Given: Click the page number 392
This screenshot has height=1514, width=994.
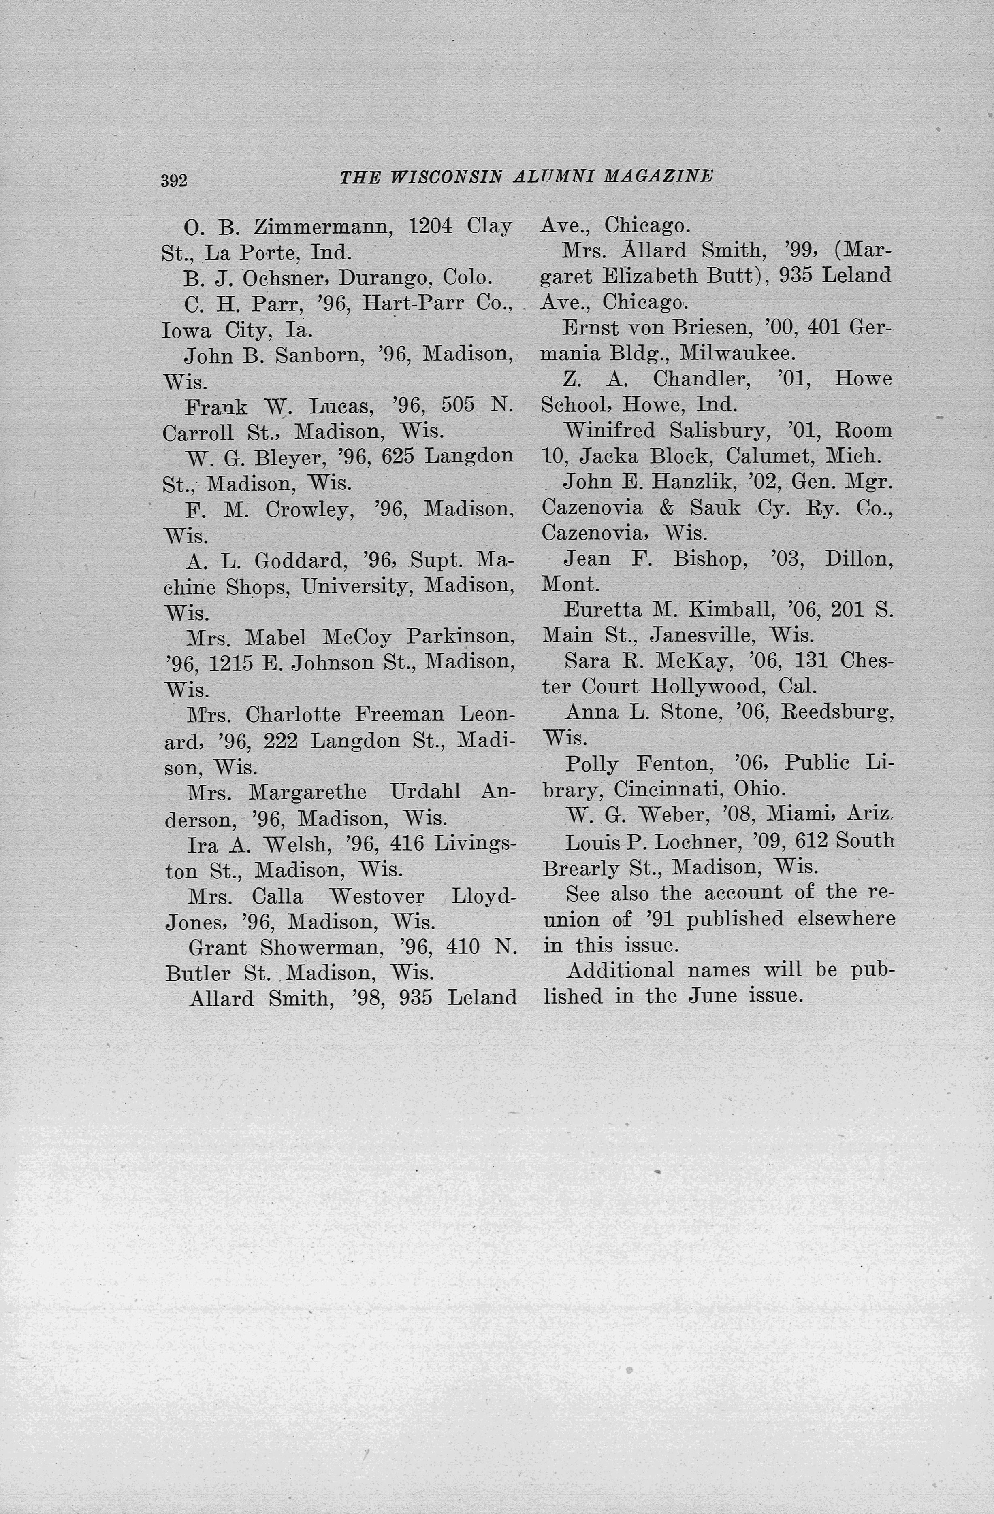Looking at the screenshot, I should (174, 181).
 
